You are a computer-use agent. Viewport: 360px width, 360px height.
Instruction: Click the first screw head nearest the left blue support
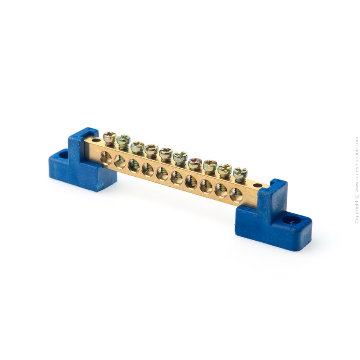click(x=110, y=137)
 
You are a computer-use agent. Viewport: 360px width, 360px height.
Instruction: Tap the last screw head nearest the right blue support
click(x=240, y=172)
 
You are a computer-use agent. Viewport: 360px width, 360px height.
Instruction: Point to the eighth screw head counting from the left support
click(x=210, y=165)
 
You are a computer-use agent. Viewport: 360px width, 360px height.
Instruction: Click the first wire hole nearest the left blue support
click(x=106, y=158)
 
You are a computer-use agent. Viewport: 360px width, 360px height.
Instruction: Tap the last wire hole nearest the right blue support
click(x=236, y=195)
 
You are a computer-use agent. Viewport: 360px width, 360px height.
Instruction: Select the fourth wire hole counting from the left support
click(x=148, y=170)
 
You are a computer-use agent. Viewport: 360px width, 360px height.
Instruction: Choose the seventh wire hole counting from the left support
click(x=191, y=182)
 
